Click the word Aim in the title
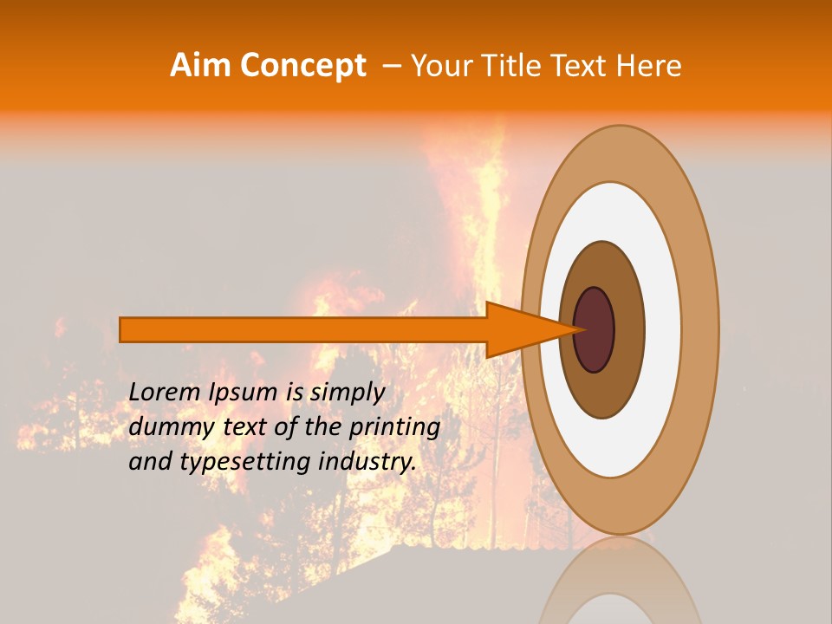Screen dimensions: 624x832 pyautogui.click(x=202, y=66)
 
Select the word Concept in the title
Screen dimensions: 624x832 pyautogui.click(x=302, y=66)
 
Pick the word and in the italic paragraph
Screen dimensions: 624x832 pyautogui.click(x=150, y=462)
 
